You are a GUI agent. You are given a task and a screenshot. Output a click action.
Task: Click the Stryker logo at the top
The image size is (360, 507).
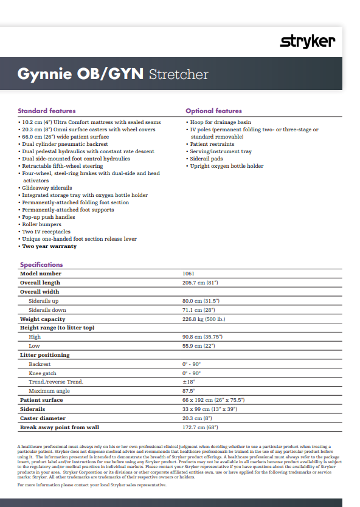(307, 41)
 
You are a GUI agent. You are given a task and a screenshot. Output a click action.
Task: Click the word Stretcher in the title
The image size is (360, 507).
(179, 74)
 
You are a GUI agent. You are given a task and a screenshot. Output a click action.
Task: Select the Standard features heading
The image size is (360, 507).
(47, 111)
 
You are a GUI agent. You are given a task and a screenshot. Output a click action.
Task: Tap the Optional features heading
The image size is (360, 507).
(213, 111)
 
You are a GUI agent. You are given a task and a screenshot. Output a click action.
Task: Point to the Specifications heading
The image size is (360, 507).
(41, 264)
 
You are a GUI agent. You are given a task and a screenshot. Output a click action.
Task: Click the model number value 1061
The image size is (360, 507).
(189, 274)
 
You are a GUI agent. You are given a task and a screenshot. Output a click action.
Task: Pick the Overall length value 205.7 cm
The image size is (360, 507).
(200, 283)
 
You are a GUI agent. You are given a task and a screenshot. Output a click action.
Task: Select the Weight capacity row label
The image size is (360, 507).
(43, 319)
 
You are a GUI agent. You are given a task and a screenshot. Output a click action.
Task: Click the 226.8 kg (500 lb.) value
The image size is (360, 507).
(204, 319)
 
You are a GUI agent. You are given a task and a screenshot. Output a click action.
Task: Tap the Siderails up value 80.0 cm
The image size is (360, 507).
(200, 301)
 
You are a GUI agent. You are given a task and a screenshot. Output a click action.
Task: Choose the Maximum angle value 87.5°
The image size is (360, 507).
(189, 391)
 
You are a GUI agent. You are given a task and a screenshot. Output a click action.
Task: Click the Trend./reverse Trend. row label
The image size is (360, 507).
(56, 382)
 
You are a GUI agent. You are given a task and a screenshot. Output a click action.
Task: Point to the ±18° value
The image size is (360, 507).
(188, 382)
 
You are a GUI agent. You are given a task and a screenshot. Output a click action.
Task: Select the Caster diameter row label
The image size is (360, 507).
(43, 418)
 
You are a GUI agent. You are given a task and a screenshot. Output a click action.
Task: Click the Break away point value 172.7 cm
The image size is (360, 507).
(200, 427)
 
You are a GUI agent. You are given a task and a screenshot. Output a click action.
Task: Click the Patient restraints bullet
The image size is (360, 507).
(212, 144)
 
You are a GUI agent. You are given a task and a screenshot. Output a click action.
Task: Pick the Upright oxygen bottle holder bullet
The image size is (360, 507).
(226, 166)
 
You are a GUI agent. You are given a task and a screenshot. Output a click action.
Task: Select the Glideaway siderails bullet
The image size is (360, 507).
(47, 188)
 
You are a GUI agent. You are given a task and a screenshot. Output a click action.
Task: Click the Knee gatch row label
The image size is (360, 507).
(43, 373)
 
